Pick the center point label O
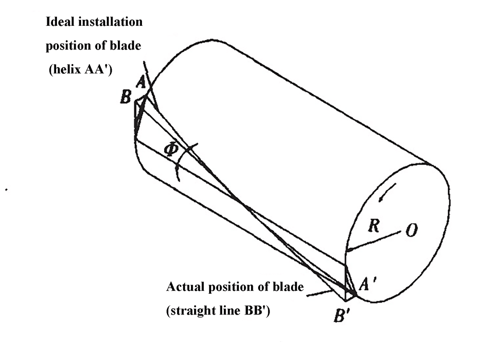tap(411, 230)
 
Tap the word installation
tap(110, 22)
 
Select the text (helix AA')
tap(81, 69)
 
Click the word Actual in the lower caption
tap(185, 287)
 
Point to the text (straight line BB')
tap(218, 310)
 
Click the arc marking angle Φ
tap(184, 160)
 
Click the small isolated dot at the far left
tap(6, 190)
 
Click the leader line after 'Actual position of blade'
tap(320, 293)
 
